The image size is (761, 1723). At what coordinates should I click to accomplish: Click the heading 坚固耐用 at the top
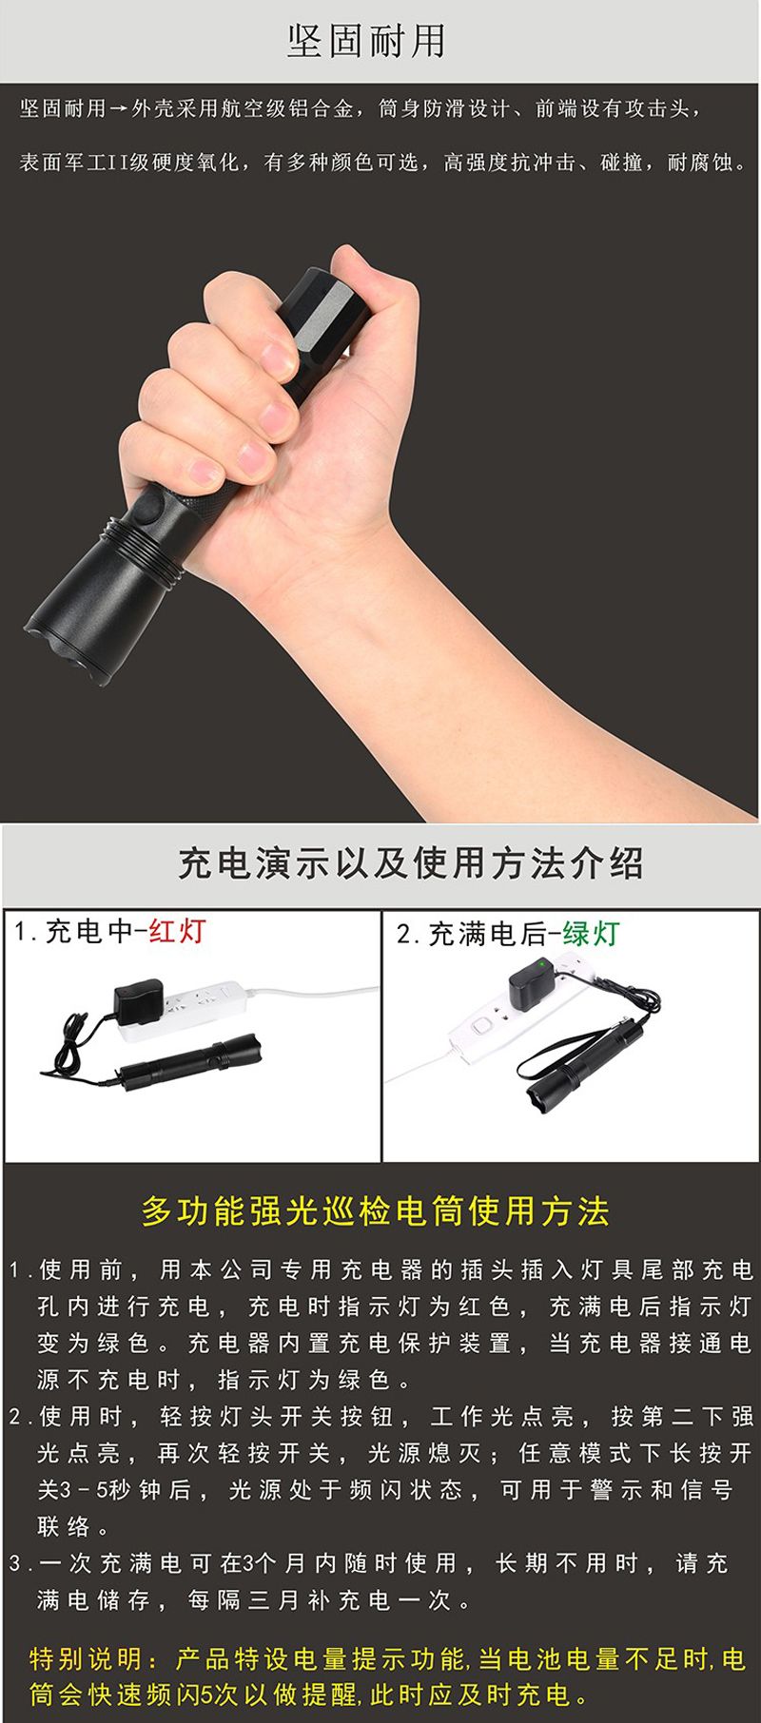point(366,40)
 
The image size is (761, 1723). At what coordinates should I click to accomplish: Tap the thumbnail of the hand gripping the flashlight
point(380,504)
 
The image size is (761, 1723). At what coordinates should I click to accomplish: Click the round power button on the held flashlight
point(148,513)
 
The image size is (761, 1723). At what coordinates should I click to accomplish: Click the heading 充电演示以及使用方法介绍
point(410,863)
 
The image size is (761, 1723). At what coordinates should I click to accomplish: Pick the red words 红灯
point(177,931)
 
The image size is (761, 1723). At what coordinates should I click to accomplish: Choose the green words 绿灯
point(591,934)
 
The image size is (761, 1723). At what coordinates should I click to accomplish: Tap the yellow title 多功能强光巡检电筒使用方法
point(376,1211)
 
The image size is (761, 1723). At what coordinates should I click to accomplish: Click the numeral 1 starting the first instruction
point(15,1270)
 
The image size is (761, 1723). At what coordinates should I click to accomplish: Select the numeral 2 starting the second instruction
point(16,1418)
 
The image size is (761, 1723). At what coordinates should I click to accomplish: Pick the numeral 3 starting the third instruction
point(16,1564)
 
